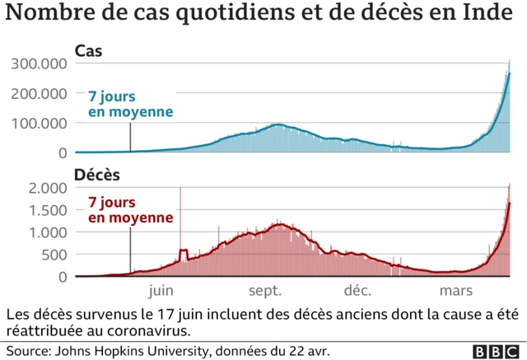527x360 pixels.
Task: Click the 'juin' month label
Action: [x=161, y=291]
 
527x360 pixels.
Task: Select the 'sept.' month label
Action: [x=265, y=291]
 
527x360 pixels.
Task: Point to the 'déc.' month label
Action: [x=357, y=291]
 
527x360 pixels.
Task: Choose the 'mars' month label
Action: [x=455, y=291]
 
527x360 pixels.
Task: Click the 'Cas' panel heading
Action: [x=88, y=51]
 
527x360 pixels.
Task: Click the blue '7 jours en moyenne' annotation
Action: [x=130, y=104]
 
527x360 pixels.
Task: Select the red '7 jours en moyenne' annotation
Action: [x=130, y=210]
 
